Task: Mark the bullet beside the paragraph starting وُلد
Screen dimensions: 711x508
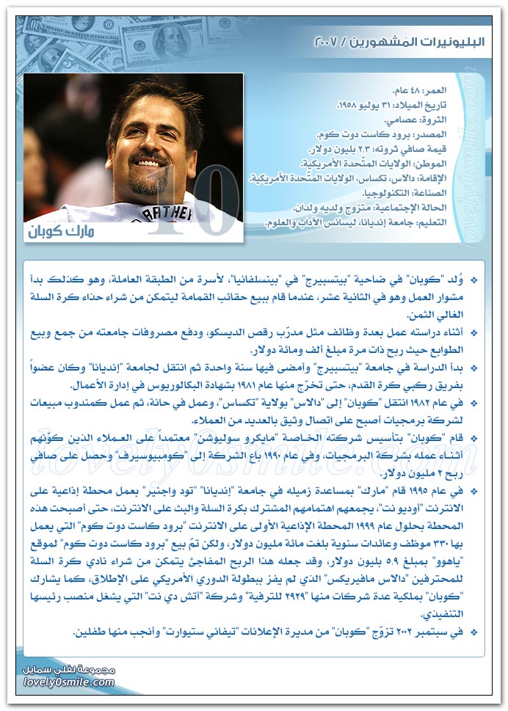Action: tap(473, 280)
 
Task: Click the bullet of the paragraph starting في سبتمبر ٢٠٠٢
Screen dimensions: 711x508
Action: tap(473, 632)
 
